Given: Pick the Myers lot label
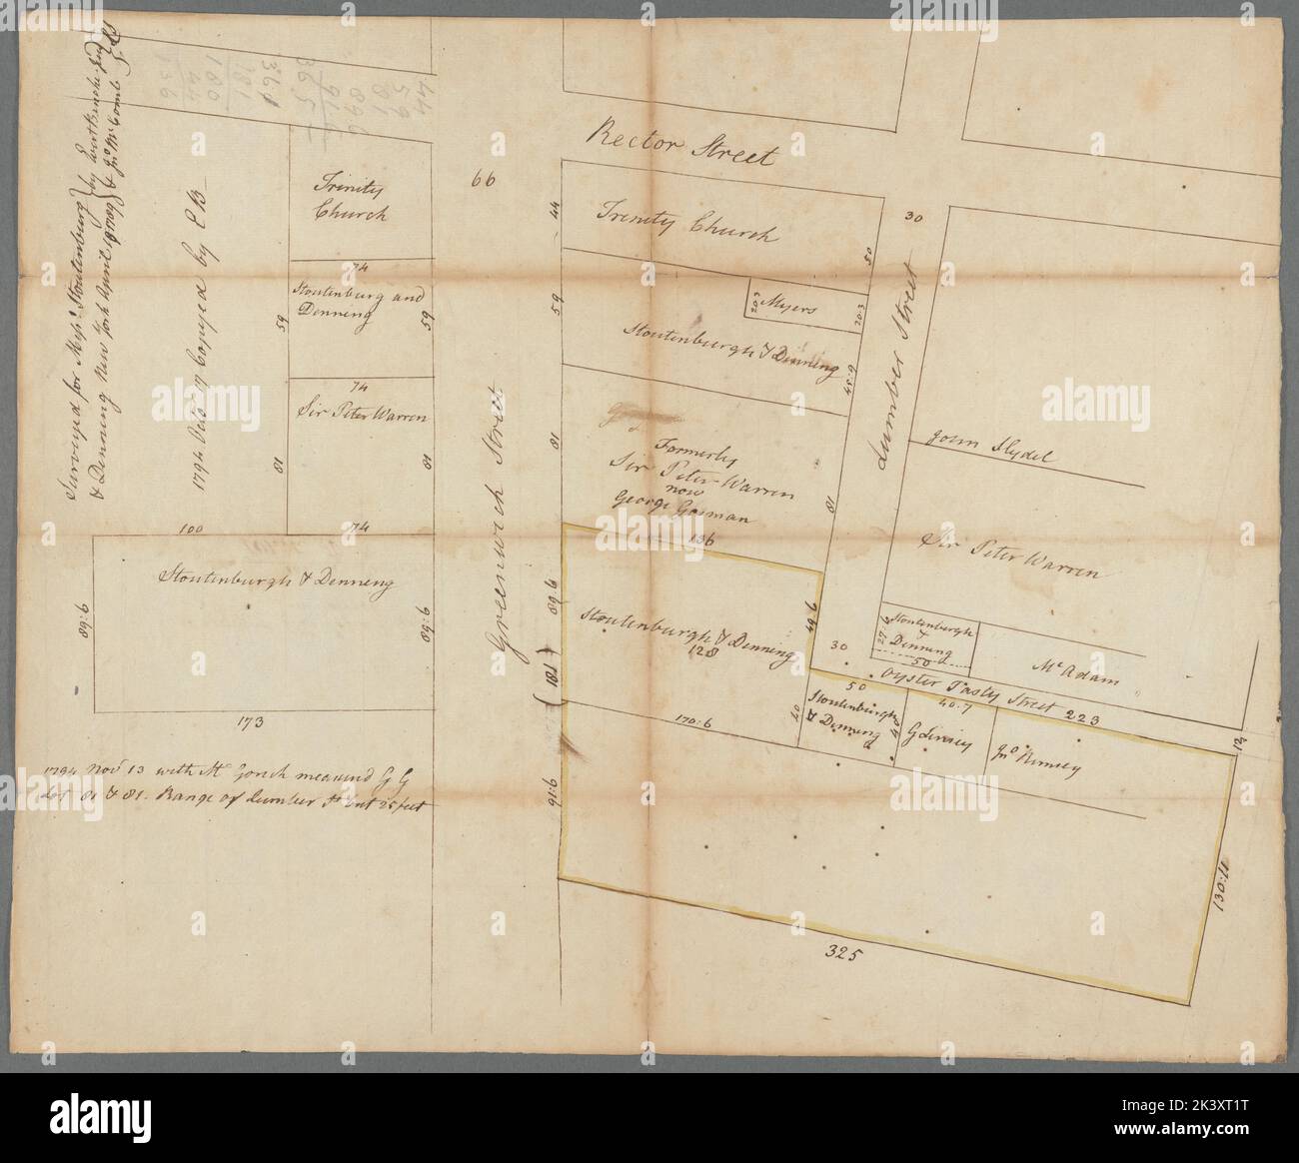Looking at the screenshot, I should point(791,308).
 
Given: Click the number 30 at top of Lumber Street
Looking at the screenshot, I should point(911,216).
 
